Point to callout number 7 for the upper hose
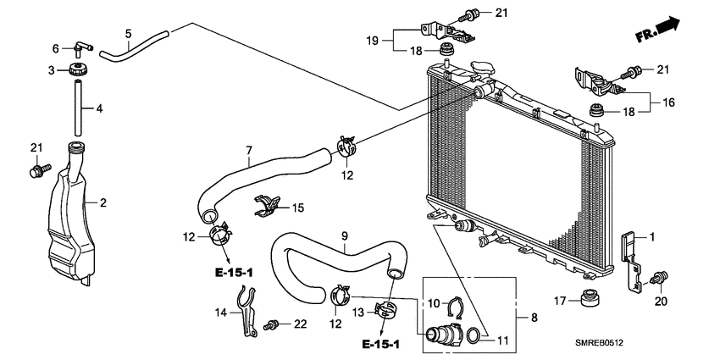tap(250, 152)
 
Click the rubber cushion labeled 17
tap(584, 298)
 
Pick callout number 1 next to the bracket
tap(652, 238)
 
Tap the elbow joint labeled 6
tap(78, 47)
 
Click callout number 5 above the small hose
tap(127, 34)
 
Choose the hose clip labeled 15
tap(267, 206)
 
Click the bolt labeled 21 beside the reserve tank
tap(36, 172)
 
